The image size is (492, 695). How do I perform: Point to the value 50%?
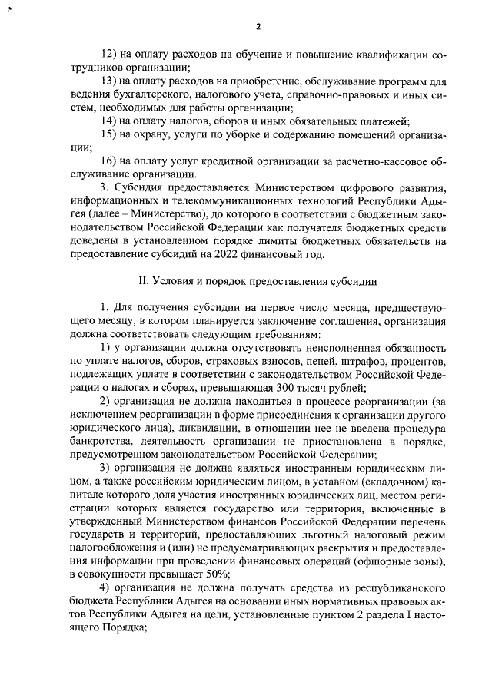point(212,574)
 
